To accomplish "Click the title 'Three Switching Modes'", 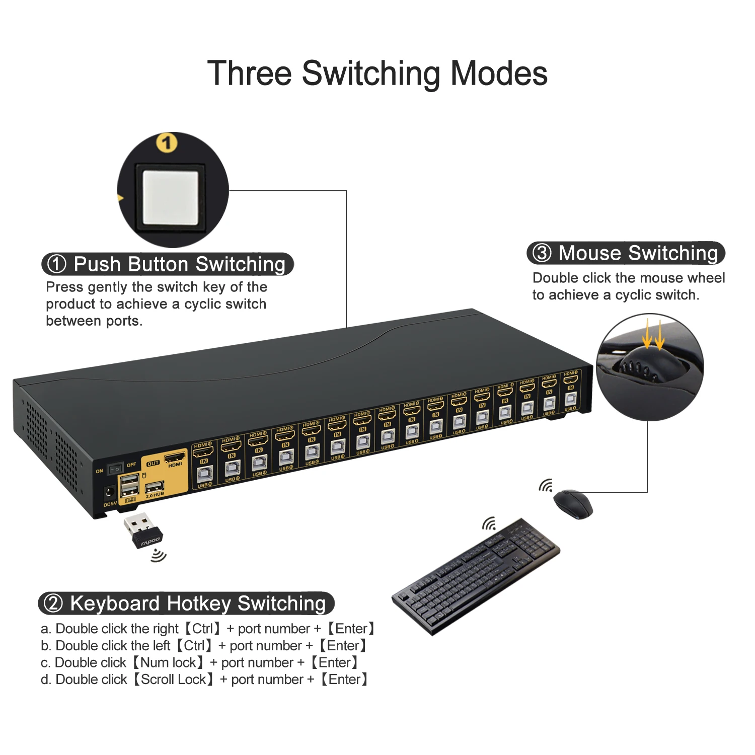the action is pos(377,73).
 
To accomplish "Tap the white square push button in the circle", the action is pos(171,197).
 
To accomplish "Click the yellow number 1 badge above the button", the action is pos(167,143).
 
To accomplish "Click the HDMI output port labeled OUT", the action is pos(175,458).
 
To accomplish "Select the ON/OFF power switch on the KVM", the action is pos(116,468).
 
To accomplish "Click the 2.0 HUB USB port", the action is pos(155,487).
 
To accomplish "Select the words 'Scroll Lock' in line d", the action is pos(173,679).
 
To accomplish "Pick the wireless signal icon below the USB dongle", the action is pos(159,556).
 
